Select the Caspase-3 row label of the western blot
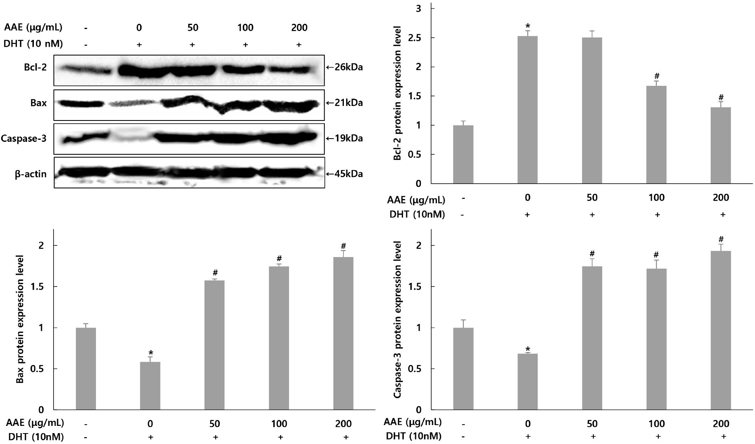(x=24, y=139)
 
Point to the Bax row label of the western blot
(x=38, y=103)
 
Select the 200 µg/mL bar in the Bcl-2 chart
(x=721, y=145)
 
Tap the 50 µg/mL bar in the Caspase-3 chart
(x=592, y=338)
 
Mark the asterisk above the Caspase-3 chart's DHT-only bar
(x=527, y=349)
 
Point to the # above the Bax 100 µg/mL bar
(x=279, y=258)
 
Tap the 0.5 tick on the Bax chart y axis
(x=41, y=369)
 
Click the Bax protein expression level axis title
(x=20, y=319)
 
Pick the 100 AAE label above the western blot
(x=245, y=28)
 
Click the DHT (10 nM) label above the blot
(x=33, y=44)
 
